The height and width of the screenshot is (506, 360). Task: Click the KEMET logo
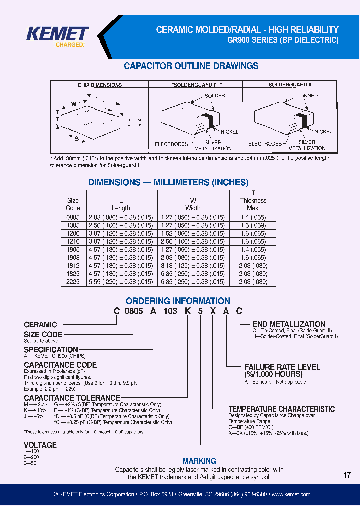point(58,35)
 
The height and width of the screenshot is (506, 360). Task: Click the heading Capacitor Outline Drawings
point(191,66)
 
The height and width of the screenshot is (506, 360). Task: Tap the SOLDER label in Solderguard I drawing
point(215,95)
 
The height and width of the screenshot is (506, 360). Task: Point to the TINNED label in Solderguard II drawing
point(308,95)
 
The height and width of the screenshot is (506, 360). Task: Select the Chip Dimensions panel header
point(100,85)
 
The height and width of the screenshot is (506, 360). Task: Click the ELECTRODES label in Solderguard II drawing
point(265,144)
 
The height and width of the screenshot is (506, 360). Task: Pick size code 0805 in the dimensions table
point(73,217)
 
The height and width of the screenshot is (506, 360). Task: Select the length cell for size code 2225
point(121,282)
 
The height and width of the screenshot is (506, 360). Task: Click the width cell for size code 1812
point(193,265)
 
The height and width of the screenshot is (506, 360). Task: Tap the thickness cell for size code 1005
point(253,225)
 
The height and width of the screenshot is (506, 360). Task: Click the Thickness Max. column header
point(253,204)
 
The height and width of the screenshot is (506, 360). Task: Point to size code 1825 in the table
point(73,274)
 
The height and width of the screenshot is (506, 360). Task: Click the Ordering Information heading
point(178,301)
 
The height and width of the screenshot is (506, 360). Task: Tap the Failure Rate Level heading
point(282,370)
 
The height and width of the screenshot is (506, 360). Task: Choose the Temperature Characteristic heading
point(281,409)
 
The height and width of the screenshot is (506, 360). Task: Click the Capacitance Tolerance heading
point(72,398)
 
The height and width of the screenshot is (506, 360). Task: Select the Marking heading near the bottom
point(199,461)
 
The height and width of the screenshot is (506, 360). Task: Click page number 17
point(347,475)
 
